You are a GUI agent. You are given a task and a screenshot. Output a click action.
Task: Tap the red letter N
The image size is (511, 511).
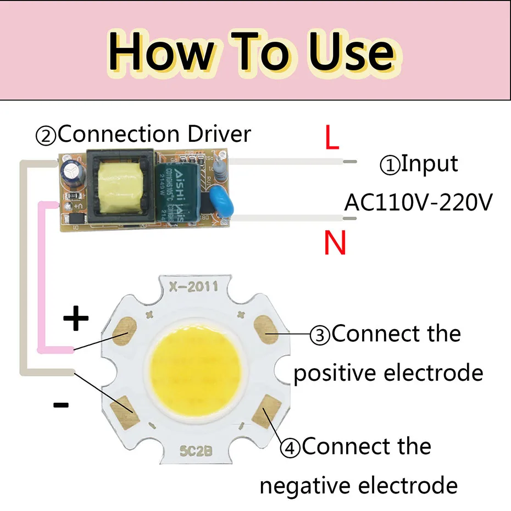click(335, 243)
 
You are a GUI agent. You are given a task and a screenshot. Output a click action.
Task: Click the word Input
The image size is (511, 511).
click(429, 164)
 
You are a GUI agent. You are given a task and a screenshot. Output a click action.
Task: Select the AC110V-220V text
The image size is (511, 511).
click(418, 202)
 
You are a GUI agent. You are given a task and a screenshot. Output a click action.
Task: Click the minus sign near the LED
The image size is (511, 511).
click(60, 406)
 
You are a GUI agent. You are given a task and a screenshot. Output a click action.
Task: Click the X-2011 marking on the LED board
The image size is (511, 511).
click(194, 286)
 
